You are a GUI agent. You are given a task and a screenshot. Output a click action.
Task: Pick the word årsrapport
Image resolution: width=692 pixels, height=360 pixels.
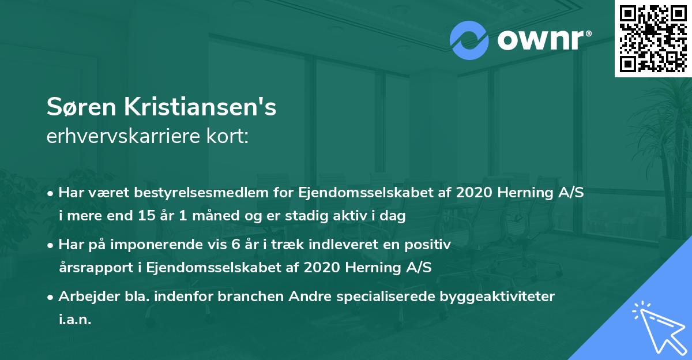89,268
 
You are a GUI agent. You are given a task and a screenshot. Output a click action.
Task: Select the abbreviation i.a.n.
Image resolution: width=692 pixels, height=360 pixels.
75,319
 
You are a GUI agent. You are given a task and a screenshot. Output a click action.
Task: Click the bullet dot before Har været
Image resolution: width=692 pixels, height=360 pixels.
51,194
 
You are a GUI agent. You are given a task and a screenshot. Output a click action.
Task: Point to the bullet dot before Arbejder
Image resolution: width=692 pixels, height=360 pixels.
51,297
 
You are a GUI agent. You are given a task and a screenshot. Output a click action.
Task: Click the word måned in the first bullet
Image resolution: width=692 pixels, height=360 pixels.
198,216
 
